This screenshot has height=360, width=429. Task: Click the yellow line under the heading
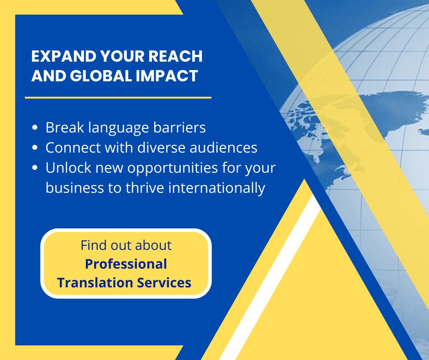[x=118, y=97]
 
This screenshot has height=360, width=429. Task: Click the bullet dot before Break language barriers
[x=35, y=128]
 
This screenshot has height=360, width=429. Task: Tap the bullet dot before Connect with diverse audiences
[x=35, y=148]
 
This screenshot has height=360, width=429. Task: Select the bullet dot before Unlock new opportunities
[x=35, y=168]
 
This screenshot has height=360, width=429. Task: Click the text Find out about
[x=126, y=245]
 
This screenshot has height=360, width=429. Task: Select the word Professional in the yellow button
[x=126, y=264]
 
